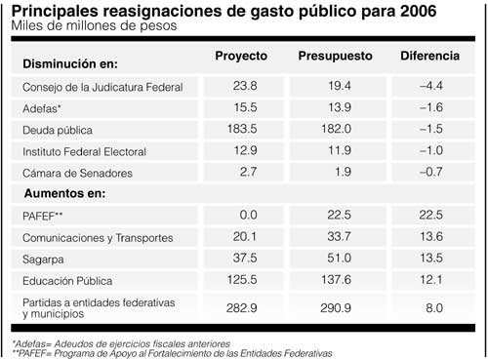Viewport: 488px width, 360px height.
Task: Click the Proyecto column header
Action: (x=241, y=56)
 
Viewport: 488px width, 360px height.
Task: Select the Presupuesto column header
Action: (x=335, y=56)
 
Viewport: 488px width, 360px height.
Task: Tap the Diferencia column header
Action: (x=429, y=56)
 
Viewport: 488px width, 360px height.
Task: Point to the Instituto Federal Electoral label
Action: (x=84, y=152)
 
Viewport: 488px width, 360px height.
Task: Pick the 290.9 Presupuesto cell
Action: (x=335, y=308)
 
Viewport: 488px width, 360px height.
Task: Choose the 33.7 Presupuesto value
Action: (x=335, y=238)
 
